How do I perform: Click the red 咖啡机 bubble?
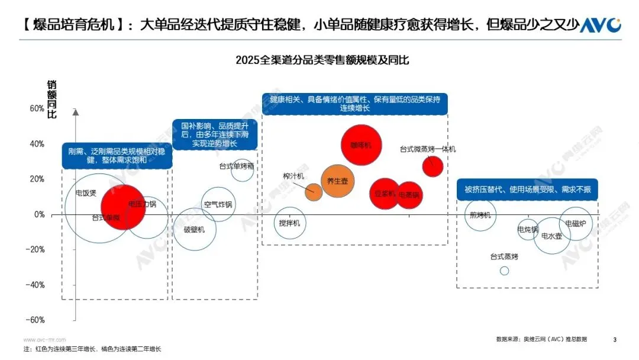(360, 144)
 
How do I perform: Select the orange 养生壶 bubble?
(337, 181)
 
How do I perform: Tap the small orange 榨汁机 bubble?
(314, 191)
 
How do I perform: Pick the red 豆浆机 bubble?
(385, 194)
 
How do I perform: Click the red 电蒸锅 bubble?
(409, 194)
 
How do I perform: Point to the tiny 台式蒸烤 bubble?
(504, 271)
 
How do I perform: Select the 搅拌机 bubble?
(290, 223)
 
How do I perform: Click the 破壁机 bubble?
(194, 229)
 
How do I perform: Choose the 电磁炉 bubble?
(575, 223)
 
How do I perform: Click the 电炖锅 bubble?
(528, 229)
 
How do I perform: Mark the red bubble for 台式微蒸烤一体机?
(433, 167)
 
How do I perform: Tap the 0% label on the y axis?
(38, 214)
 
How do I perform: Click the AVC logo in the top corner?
(599, 25)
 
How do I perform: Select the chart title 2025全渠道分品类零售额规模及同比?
(322, 60)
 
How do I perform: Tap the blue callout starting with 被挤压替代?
(527, 189)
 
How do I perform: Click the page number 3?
(615, 339)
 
